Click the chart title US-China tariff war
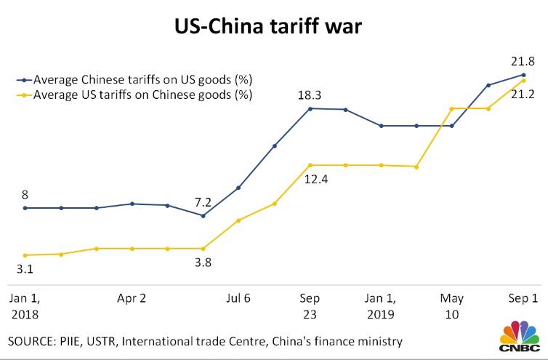(x=274, y=28)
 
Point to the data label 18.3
(x=310, y=93)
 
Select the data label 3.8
(x=203, y=263)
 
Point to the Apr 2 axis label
(x=132, y=298)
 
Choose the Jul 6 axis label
(x=238, y=298)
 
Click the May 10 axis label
(x=452, y=306)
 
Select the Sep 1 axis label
(x=523, y=298)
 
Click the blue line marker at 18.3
(x=310, y=109)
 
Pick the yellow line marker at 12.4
(x=310, y=165)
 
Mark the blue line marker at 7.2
(x=203, y=215)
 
